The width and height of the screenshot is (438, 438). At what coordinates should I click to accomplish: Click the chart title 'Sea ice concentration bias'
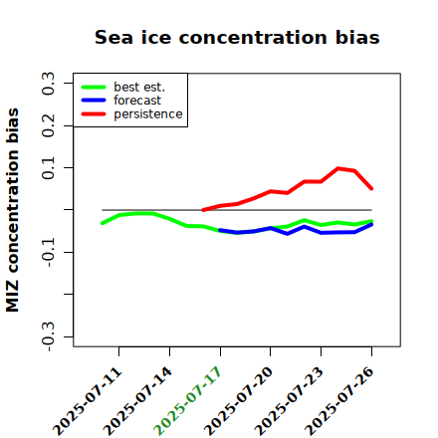pyautogui.click(x=237, y=37)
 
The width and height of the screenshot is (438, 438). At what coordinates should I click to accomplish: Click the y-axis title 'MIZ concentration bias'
pyautogui.click(x=13, y=210)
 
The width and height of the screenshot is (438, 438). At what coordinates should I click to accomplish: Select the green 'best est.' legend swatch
pyautogui.click(x=94, y=88)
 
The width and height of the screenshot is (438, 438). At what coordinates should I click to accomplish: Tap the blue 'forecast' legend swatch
pyautogui.click(x=94, y=101)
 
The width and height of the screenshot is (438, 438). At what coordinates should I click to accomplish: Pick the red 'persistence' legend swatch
pyautogui.click(x=94, y=114)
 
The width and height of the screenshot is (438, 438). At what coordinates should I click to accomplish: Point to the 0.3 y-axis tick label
pyautogui.click(x=48, y=84)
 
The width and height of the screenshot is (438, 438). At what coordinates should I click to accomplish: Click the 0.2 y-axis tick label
pyautogui.click(x=48, y=125)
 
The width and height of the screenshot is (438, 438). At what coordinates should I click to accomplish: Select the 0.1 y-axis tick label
pyautogui.click(x=48, y=168)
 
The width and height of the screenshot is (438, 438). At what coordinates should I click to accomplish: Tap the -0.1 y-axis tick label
pyautogui.click(x=48, y=253)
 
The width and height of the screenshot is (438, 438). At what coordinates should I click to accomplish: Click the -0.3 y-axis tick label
pyautogui.click(x=48, y=336)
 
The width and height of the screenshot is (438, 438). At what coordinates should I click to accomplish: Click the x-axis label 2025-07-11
pyautogui.click(x=88, y=401)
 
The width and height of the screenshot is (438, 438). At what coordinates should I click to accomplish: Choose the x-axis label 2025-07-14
pyautogui.click(x=138, y=401)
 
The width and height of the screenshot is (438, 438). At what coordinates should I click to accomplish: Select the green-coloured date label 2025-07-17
pyautogui.click(x=188, y=401)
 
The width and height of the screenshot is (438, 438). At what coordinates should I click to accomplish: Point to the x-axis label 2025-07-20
pyautogui.click(x=238, y=401)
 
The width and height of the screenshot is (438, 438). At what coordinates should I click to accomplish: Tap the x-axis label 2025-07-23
pyautogui.click(x=289, y=401)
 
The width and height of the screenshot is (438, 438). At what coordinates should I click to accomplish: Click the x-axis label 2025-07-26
pyautogui.click(x=339, y=401)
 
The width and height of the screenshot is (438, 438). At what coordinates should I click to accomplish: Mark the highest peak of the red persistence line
pyautogui.click(x=337, y=168)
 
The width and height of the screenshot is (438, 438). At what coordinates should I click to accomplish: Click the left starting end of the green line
pyautogui.click(x=103, y=223)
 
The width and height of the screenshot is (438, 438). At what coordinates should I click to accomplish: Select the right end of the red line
pyautogui.click(x=371, y=189)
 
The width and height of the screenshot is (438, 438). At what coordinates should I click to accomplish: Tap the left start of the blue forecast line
pyautogui.click(x=220, y=230)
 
